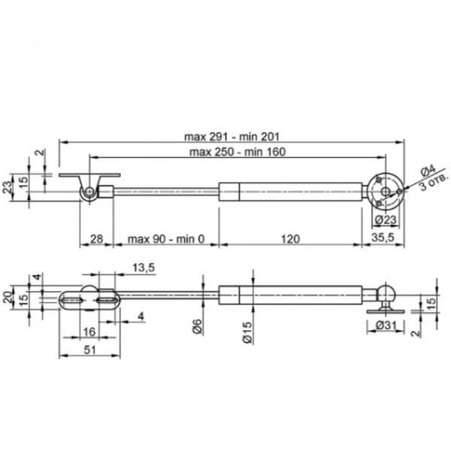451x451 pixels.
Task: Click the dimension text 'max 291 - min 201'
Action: [x=232, y=136]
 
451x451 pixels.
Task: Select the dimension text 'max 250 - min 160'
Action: [x=238, y=152]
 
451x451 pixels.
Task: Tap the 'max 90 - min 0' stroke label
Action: [x=166, y=239]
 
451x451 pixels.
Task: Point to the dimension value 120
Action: [x=290, y=239]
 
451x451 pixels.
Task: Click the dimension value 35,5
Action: [x=383, y=238]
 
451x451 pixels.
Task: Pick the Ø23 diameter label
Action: [x=386, y=220]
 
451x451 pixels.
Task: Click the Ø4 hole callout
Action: [x=428, y=171]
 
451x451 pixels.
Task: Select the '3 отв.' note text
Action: [x=434, y=183]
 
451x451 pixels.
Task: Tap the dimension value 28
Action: [x=96, y=239]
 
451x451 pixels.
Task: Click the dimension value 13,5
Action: [x=144, y=268]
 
